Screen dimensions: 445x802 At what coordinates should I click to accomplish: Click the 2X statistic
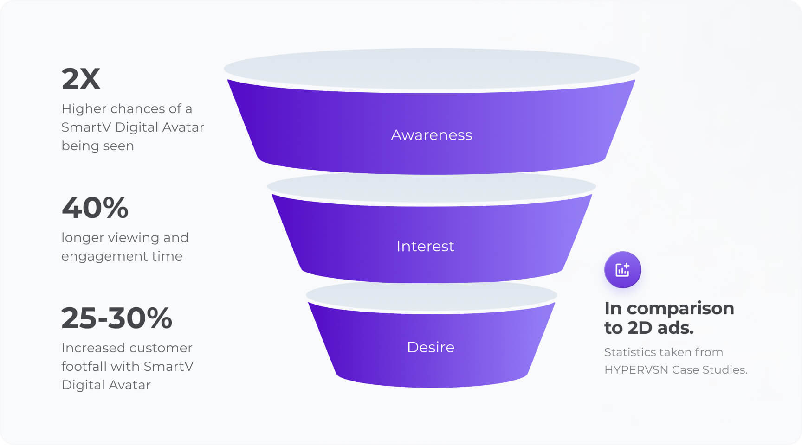tap(81, 79)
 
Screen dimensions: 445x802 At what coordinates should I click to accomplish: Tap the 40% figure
tap(95, 208)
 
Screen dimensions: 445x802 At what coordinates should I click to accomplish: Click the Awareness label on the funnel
tap(431, 135)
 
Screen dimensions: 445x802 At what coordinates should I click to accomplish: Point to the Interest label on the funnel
tap(425, 246)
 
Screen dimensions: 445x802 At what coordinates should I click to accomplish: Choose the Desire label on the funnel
tap(430, 347)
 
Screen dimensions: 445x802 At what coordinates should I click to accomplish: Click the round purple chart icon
tap(622, 270)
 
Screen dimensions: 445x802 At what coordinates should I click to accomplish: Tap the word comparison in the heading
tap(680, 309)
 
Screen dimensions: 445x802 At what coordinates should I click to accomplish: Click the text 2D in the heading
tap(640, 328)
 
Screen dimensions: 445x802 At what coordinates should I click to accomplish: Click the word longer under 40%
tap(83, 238)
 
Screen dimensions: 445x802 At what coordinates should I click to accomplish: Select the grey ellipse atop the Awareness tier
tap(431, 69)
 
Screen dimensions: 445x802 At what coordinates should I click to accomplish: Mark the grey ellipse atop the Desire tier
tap(431, 295)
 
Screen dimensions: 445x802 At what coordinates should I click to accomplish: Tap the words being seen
tap(97, 146)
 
